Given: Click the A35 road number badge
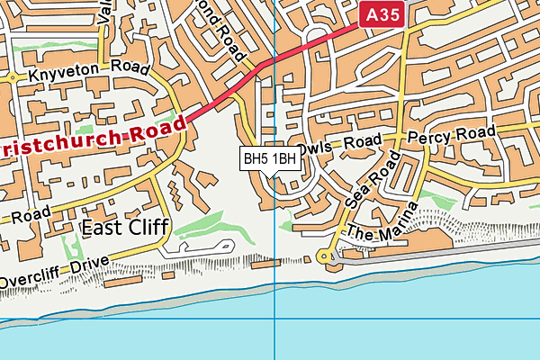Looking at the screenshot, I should [381, 13].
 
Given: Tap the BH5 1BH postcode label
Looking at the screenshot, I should [270, 159].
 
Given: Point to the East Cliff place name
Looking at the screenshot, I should [124, 228].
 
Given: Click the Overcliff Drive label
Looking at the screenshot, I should [54, 272].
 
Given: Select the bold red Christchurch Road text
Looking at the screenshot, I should [90, 135].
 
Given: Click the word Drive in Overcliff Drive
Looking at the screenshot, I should [88, 265].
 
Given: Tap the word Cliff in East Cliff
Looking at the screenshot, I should [144, 228].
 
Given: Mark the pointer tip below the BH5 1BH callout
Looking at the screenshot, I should [270, 176].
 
